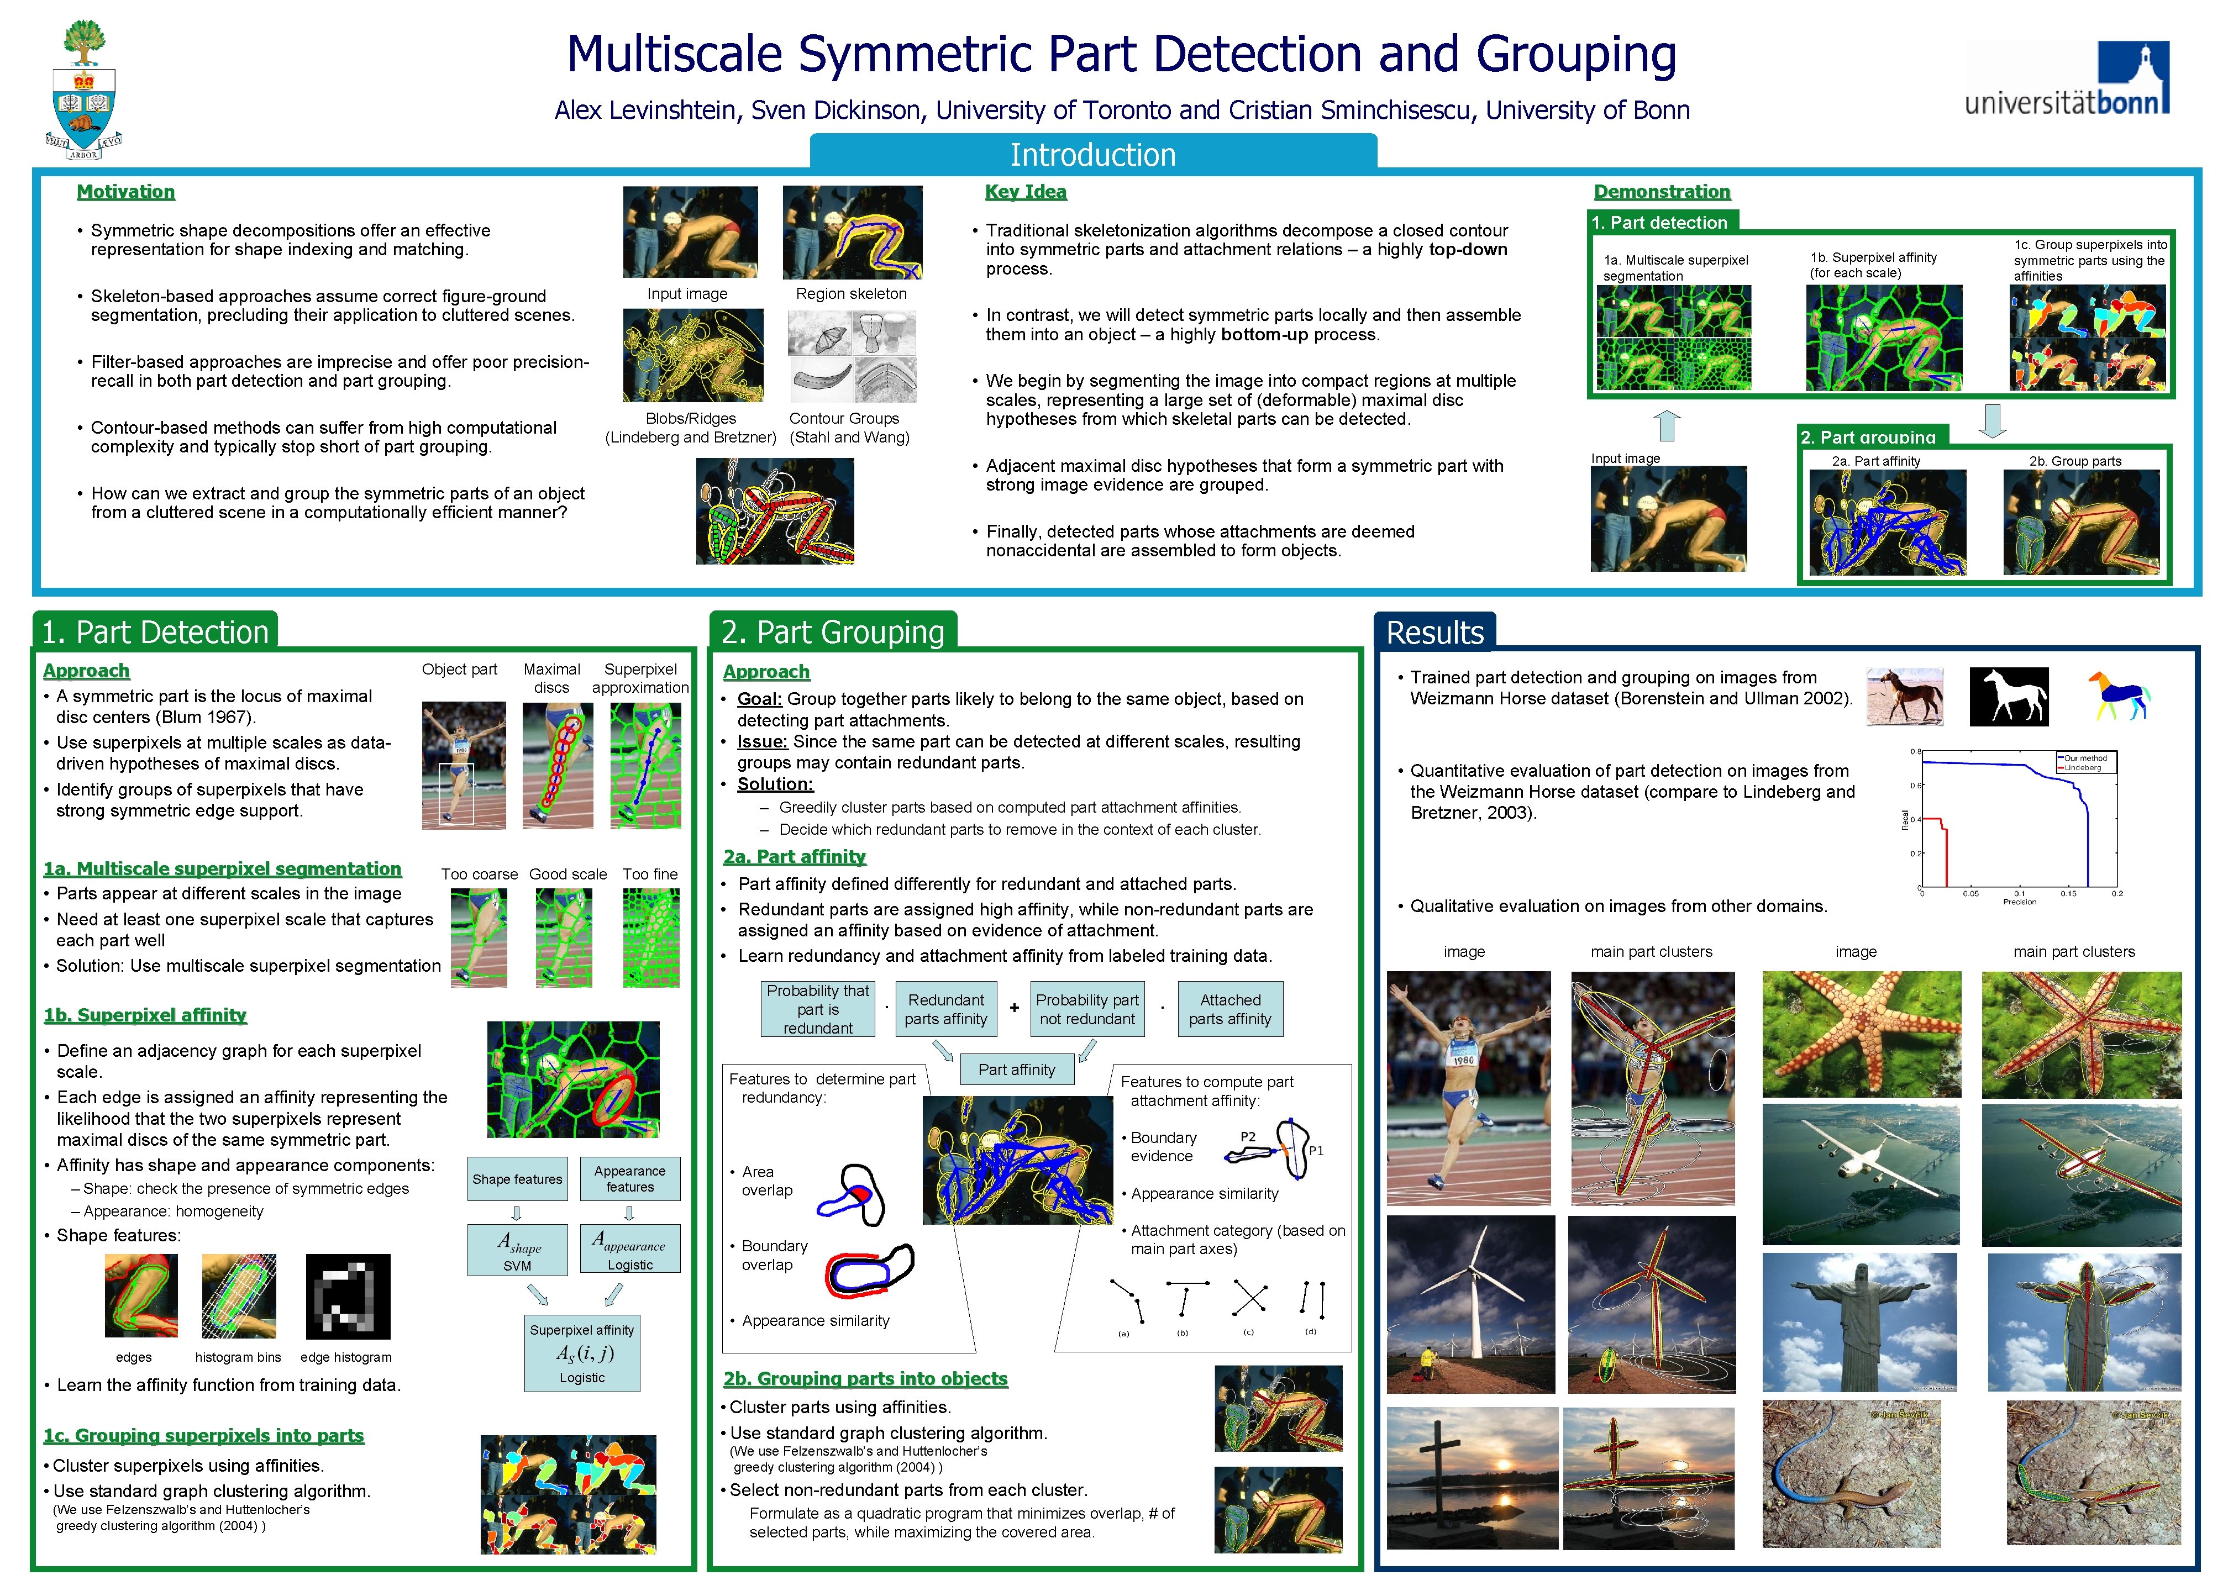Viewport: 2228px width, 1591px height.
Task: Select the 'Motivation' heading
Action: [x=125, y=192]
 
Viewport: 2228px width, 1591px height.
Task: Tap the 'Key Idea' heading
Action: [x=1025, y=192]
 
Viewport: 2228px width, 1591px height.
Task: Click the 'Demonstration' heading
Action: [x=1662, y=192]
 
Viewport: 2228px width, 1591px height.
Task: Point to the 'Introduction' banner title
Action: [x=1092, y=155]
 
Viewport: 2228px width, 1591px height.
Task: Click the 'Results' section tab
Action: [x=1434, y=633]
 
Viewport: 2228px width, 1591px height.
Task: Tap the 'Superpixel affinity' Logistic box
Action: [x=582, y=1353]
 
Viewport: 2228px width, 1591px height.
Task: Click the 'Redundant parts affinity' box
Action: [x=945, y=1009]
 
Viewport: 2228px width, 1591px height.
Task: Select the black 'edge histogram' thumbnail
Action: [x=348, y=1296]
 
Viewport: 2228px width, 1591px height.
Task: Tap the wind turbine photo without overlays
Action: [x=1470, y=1304]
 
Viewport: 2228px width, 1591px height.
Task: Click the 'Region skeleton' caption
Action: [x=850, y=294]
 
